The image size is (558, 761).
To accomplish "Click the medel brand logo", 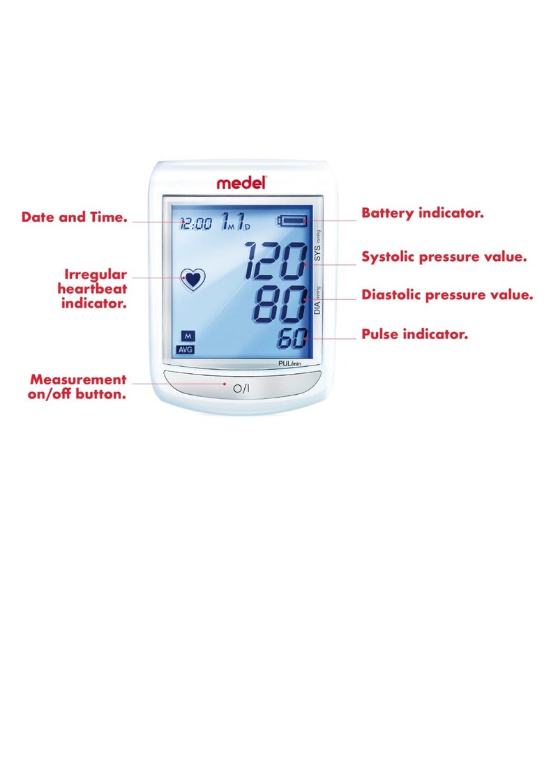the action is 241,183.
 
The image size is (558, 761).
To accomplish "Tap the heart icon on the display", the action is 193,280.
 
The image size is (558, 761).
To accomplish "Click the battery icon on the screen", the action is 292,222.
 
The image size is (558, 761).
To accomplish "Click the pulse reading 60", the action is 292,340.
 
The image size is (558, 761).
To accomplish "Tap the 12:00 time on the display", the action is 195,224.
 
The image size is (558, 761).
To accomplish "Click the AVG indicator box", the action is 186,349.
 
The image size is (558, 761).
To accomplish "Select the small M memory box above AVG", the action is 186,336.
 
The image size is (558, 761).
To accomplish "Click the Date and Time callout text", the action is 75,218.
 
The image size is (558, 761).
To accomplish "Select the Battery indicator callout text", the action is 422,213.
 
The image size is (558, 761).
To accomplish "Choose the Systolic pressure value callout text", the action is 444,257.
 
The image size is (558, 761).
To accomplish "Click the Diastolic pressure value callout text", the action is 447,295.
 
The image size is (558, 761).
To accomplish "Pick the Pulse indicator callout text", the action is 414,335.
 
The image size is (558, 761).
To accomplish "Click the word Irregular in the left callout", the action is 96,275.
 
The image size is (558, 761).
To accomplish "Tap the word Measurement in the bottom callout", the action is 78,380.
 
